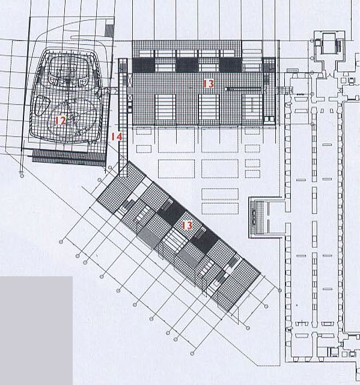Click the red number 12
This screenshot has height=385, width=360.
click(60, 120)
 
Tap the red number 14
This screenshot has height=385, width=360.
click(117, 138)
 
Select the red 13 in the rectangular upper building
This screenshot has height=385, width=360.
click(208, 84)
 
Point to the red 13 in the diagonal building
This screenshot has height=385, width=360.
click(188, 225)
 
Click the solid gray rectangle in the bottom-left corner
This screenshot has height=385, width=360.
click(36, 330)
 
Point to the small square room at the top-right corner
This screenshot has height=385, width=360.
click(329, 44)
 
